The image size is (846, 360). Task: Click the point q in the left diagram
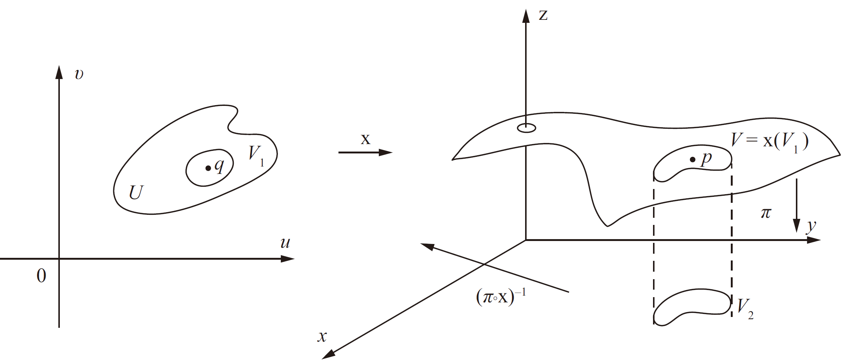click(208, 168)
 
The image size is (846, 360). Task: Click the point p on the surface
click(693, 160)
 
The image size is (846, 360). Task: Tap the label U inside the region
click(136, 193)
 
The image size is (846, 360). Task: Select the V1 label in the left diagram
click(256, 155)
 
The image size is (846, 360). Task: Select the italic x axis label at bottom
click(322, 336)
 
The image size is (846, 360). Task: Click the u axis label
click(285, 243)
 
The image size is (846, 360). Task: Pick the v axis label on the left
click(79, 74)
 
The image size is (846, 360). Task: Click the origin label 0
click(41, 276)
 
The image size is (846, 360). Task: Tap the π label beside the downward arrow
click(766, 213)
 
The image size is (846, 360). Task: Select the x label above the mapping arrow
click(365, 139)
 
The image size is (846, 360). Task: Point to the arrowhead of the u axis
click(288, 259)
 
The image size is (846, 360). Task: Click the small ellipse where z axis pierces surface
click(526, 128)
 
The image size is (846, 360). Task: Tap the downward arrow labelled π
click(797, 206)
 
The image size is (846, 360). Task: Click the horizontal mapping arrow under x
click(365, 153)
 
